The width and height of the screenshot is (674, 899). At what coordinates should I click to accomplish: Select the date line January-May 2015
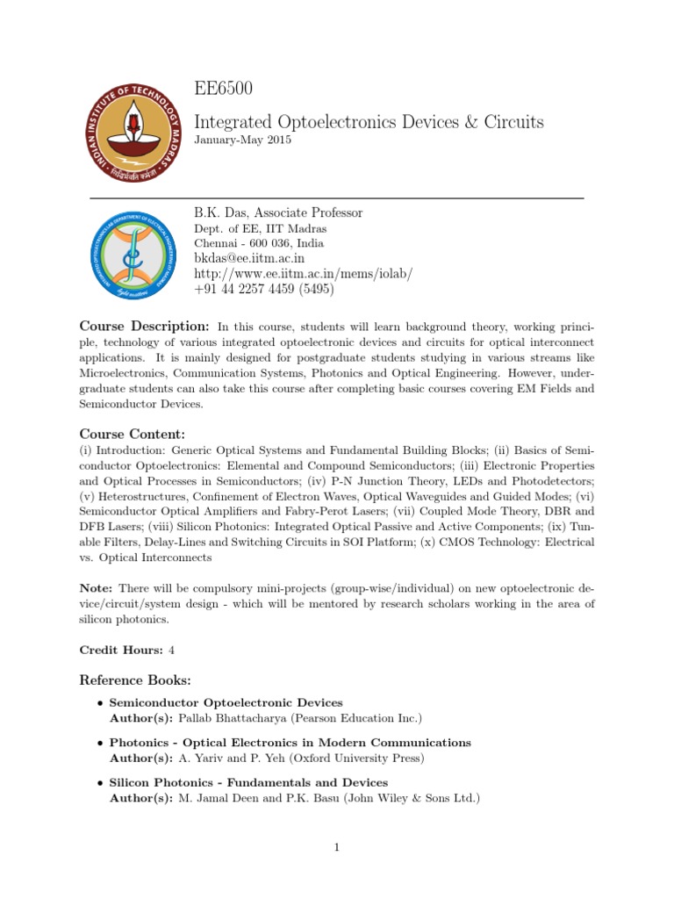[x=241, y=140]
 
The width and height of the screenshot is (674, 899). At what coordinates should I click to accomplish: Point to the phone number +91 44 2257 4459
[x=247, y=289]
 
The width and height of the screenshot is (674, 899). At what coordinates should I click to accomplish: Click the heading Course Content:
[x=133, y=435]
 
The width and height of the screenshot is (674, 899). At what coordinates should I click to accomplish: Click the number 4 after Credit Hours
[x=172, y=651]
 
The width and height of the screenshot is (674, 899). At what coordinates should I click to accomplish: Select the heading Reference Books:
[x=135, y=680]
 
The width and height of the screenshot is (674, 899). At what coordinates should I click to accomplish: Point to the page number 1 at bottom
[x=337, y=847]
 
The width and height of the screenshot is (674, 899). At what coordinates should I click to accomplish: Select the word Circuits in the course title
[x=510, y=121]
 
